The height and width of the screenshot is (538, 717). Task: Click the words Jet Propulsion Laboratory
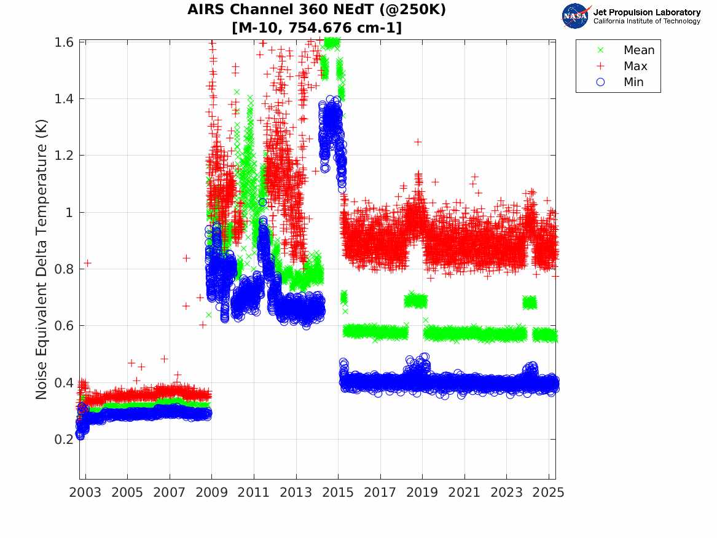646,12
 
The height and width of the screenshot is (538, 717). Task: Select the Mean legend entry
639,50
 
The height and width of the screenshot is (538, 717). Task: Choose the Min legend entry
633,82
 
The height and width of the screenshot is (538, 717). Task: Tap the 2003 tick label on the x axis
85,493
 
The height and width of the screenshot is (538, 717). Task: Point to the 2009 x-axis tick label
212,493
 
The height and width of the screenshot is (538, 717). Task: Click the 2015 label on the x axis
338,493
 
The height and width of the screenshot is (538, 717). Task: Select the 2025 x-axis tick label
549,493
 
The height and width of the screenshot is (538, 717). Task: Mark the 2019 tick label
422,493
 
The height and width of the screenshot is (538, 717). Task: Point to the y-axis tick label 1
71,212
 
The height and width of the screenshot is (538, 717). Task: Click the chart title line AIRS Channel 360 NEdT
317,10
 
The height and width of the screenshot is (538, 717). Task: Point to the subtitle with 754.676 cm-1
317,28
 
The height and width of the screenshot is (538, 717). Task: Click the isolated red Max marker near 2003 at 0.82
88,263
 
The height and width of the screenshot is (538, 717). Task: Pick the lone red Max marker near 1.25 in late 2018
418,142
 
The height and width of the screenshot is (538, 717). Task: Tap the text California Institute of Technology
646,22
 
